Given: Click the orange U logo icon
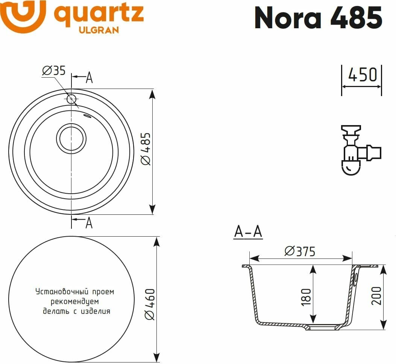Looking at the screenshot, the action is pos(23,16).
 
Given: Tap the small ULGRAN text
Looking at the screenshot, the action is pos(99,31).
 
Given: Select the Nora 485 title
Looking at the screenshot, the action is pos(318,18).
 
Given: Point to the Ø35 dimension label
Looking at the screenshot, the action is pos(54,70).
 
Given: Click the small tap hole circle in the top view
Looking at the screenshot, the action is pos(71,99).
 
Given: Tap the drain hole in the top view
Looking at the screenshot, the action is pos(70,138).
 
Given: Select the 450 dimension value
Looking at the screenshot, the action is pos(362,75).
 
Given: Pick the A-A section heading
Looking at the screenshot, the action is pos(248,232).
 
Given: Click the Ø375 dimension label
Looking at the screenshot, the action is pos(300,251).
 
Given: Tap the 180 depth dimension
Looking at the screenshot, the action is pos(306,297).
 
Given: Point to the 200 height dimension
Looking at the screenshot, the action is pos(376,296).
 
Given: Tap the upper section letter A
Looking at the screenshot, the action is pos(89,78).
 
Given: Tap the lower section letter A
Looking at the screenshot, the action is pos(89,223).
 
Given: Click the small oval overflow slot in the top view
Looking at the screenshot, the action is pos(87,116).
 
